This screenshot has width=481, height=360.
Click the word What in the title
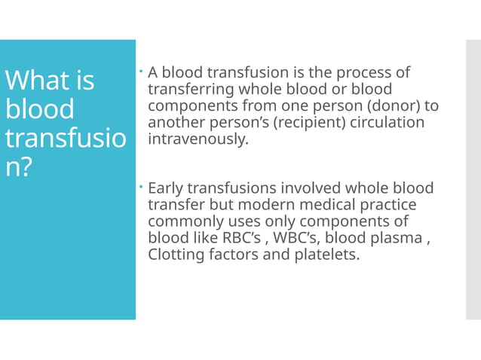coord(36,80)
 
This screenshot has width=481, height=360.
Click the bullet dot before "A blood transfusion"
coord(142,72)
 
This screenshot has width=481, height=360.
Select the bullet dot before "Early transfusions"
coord(142,186)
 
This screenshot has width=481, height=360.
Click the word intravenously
coord(198,139)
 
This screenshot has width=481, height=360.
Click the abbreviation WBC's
coord(302,238)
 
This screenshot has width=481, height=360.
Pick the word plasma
coord(399,238)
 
